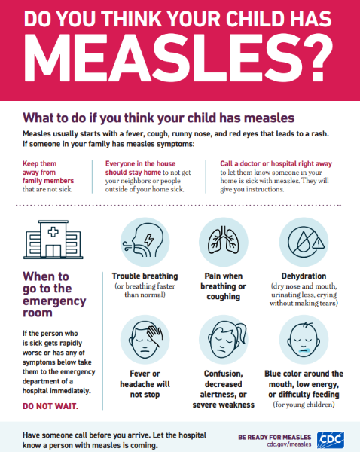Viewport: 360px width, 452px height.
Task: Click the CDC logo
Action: [x=331, y=440]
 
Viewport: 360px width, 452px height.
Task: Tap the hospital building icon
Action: [x=53, y=240]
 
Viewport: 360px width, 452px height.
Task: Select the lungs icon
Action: [x=224, y=242]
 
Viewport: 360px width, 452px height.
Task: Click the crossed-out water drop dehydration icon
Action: [x=304, y=242]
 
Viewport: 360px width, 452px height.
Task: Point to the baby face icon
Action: [x=304, y=339]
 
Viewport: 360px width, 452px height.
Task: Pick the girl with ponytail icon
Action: [x=226, y=339]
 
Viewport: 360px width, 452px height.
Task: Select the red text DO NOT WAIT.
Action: [x=50, y=406]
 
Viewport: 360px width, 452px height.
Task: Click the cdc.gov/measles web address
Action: [x=289, y=444]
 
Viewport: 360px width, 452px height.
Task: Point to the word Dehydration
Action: [x=304, y=276]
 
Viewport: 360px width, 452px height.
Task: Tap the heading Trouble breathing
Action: [x=145, y=276]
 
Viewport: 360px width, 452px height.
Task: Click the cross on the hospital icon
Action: [x=53, y=231]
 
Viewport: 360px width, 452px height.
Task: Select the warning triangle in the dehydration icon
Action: [x=319, y=243]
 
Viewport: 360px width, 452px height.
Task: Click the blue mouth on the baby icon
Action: [x=304, y=350]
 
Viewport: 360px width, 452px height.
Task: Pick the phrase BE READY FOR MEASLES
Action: [x=275, y=438]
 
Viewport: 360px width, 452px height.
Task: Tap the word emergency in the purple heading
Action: [x=54, y=301]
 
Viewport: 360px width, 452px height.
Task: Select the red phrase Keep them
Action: [x=39, y=163]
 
